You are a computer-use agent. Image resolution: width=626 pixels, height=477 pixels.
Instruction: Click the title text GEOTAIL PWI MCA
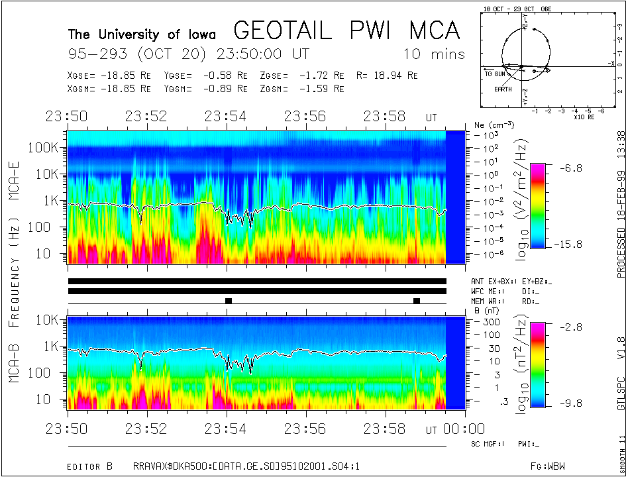click(346, 30)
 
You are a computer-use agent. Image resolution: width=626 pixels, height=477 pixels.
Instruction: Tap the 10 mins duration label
click(434, 54)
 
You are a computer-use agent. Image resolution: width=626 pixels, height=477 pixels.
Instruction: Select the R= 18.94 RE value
click(387, 76)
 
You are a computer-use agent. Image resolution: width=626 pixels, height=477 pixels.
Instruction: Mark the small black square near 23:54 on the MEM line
click(229, 301)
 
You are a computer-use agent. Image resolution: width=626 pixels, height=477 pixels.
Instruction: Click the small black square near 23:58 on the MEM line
click(417, 301)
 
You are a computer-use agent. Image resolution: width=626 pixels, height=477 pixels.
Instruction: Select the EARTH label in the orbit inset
click(502, 89)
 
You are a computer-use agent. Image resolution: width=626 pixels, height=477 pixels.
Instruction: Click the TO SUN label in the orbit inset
click(496, 74)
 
